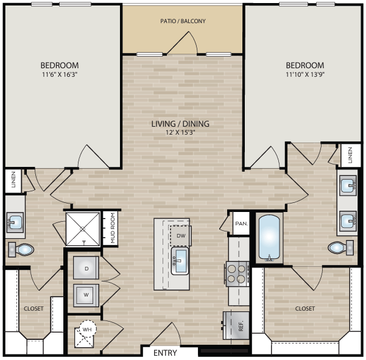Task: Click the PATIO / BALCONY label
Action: [183, 21]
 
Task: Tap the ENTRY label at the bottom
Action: [165, 353]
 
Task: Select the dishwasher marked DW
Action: [180, 236]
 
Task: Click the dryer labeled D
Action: [86, 268]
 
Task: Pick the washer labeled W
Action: [86, 295]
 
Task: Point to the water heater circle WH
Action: [87, 329]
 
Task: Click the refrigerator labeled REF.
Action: [236, 325]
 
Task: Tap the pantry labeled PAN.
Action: [241, 224]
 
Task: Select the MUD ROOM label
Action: [113, 228]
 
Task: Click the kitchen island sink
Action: [180, 261]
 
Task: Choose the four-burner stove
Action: [237, 274]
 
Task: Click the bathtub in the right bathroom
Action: [269, 238]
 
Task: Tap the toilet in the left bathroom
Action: [21, 249]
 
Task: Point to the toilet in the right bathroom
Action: [340, 247]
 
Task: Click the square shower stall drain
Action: [82, 229]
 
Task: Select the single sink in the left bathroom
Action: [15, 222]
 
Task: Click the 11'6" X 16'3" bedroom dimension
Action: [60, 75]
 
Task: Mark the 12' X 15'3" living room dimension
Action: [180, 132]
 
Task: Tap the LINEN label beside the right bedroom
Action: [350, 155]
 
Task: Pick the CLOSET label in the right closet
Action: [305, 309]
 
